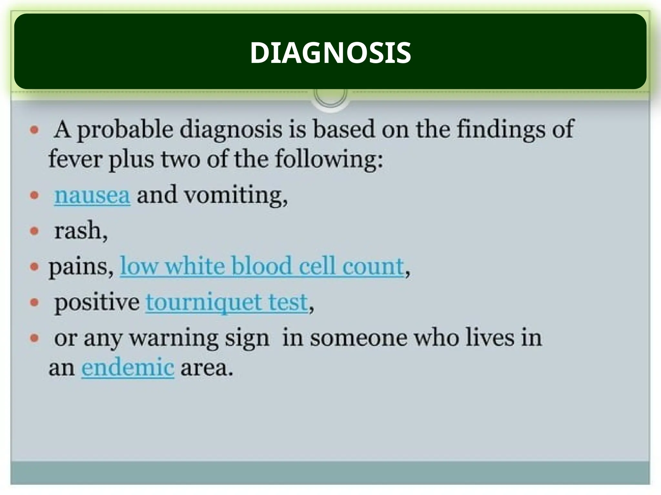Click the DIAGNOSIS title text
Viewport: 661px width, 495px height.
point(330,53)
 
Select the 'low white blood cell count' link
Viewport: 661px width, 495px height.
point(262,266)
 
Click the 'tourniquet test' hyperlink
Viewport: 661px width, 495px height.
point(227,302)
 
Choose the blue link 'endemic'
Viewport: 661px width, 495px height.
point(128,367)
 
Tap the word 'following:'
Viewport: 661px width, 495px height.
point(329,159)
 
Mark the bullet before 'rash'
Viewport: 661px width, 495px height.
point(34,231)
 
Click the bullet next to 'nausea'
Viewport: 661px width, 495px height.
point(34,195)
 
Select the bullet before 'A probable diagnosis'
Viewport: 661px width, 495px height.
point(34,130)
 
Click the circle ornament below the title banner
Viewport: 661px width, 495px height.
point(330,95)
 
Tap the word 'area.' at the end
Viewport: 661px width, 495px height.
point(207,368)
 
